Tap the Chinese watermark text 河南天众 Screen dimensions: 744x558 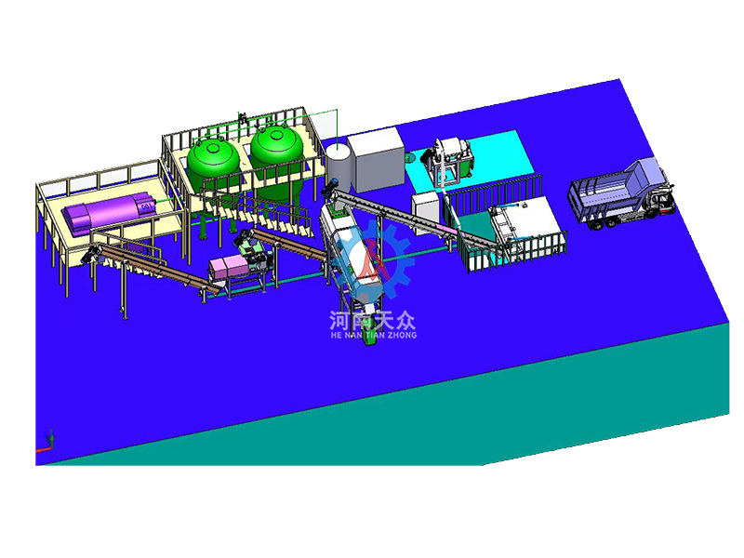click(373, 321)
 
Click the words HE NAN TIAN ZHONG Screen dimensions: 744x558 click(374, 335)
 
